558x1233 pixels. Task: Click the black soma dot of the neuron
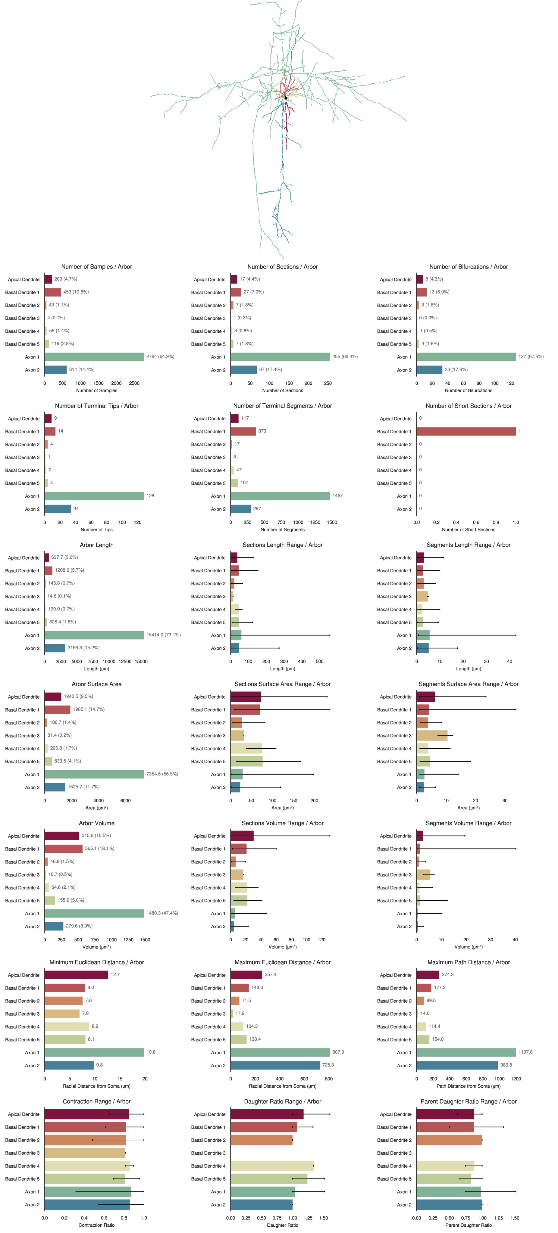click(x=286, y=98)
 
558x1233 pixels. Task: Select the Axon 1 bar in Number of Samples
click(x=94, y=357)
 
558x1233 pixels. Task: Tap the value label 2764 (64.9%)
click(x=160, y=357)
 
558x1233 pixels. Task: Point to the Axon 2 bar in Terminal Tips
click(x=58, y=509)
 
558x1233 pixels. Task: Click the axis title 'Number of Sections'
click(x=283, y=390)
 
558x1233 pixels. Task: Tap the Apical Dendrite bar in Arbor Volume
click(x=62, y=836)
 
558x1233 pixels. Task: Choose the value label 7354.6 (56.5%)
click(x=162, y=774)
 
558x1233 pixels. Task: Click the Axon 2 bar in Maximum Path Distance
click(x=457, y=1065)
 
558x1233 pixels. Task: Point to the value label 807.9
click(x=338, y=1052)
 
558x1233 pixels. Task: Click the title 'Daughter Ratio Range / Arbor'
click(x=283, y=1101)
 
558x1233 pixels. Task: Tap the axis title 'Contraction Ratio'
click(x=96, y=1225)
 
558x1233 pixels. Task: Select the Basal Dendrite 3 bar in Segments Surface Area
click(x=431, y=736)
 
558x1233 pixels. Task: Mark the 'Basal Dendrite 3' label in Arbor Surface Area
click(x=23, y=736)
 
